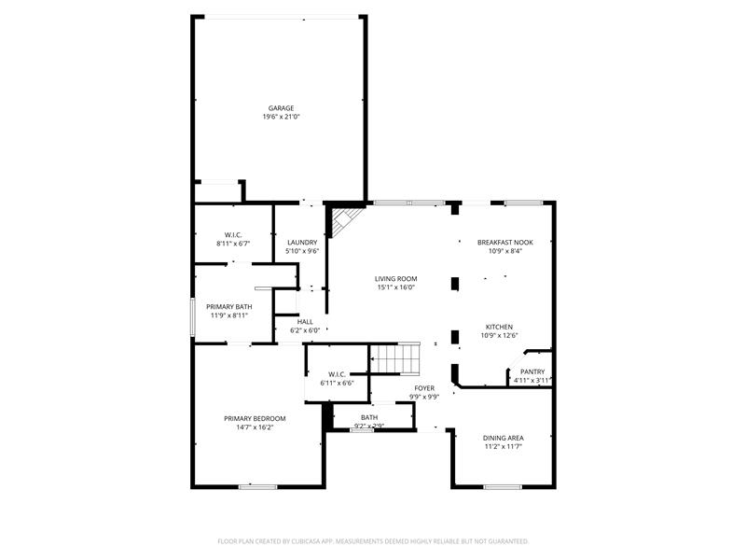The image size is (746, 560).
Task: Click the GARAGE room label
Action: [x=281, y=108]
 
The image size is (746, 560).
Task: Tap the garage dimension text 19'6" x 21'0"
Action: [x=281, y=117]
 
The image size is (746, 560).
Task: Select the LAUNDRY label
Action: [x=302, y=243]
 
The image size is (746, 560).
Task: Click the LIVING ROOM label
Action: [x=395, y=278]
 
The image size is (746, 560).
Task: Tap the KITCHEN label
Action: [x=499, y=327]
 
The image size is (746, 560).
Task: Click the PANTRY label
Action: [x=532, y=371]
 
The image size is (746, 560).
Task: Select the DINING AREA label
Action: [x=503, y=438]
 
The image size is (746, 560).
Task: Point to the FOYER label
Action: [x=425, y=387]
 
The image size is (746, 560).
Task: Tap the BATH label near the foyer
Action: [x=369, y=417]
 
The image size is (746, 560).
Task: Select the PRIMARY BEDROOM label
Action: [x=255, y=418]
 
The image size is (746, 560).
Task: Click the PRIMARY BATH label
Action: [x=228, y=307]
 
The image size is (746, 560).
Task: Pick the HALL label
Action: [x=305, y=322]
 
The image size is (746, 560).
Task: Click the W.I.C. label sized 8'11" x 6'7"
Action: [x=233, y=235]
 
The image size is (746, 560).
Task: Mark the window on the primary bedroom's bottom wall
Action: [x=258, y=486]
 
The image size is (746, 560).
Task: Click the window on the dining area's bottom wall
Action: [x=503, y=486]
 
